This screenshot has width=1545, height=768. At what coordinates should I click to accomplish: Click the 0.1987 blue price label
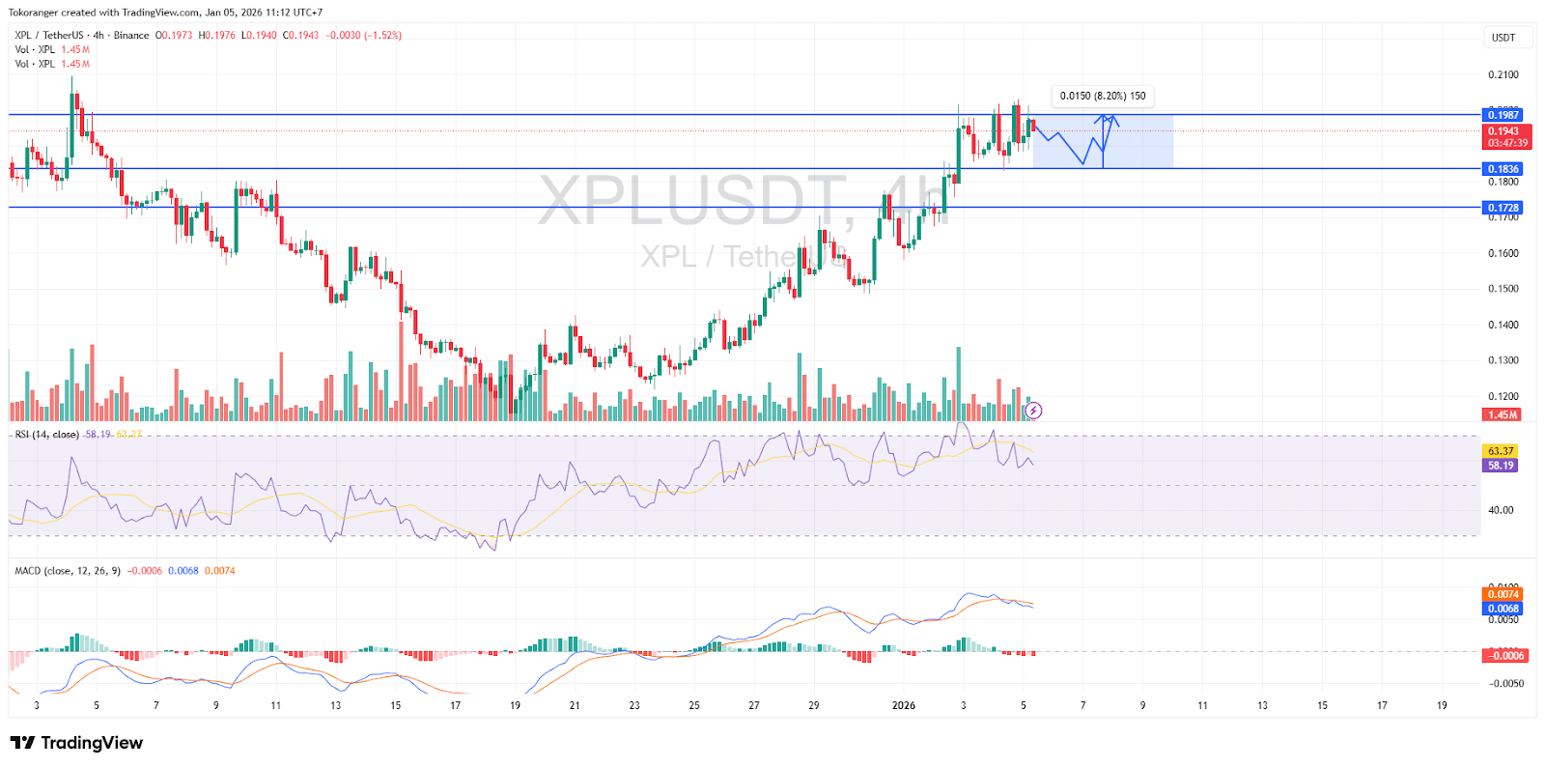(1503, 115)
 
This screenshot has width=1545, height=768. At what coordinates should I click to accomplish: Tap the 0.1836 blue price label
(1503, 169)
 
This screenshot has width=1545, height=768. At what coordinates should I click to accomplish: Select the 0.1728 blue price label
(1503, 208)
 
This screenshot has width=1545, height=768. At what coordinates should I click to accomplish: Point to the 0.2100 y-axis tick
(1503, 74)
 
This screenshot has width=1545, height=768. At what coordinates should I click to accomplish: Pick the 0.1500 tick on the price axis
(1503, 289)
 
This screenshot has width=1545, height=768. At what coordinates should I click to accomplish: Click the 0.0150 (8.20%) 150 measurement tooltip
(1103, 96)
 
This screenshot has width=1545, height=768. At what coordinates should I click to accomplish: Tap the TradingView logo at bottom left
(76, 743)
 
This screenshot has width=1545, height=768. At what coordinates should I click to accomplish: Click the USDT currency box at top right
(1503, 38)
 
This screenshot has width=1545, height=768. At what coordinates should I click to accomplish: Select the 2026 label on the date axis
(904, 705)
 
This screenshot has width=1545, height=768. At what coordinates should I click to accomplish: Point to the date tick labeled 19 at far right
(1442, 705)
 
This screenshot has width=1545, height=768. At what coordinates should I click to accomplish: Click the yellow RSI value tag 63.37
(1501, 451)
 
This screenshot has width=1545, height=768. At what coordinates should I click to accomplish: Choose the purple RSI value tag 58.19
(1501, 466)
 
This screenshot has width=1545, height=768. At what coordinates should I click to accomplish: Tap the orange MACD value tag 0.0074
(1503, 594)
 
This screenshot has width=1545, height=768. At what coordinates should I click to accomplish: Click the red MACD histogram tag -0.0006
(1505, 656)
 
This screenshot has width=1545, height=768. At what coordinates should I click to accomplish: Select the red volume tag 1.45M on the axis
(1502, 415)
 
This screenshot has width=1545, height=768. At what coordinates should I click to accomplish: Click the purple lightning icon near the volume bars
(1033, 411)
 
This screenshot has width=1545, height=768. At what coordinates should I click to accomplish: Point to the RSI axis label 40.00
(1501, 510)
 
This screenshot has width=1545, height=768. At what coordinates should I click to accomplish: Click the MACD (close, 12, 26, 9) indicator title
(68, 571)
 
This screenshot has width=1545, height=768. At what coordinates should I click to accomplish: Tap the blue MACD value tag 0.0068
(1503, 609)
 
